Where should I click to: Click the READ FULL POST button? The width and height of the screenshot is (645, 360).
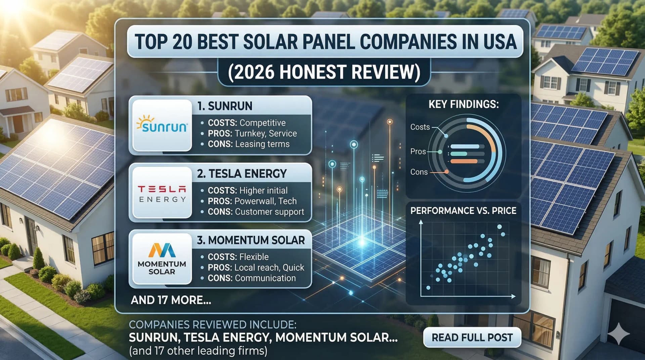click(x=472, y=337)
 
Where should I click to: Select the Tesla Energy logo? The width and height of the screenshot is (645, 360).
click(x=162, y=194)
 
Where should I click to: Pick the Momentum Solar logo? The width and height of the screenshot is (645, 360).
click(x=162, y=259)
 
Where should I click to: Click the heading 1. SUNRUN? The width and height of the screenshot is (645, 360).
click(x=225, y=106)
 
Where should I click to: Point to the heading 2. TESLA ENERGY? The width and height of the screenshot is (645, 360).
click(x=242, y=174)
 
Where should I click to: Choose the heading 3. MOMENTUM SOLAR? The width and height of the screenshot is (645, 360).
click(x=251, y=240)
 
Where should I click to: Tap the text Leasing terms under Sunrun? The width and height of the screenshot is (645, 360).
click(x=262, y=144)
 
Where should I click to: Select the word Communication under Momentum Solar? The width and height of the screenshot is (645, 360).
click(x=265, y=278)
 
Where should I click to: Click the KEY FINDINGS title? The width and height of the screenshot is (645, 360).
click(x=464, y=104)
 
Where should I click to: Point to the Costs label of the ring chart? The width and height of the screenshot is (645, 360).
click(x=420, y=127)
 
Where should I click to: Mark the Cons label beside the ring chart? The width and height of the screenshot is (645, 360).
click(x=419, y=172)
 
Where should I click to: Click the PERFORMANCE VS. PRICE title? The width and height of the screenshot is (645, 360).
click(x=463, y=211)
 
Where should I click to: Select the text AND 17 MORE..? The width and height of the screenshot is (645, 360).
click(x=171, y=300)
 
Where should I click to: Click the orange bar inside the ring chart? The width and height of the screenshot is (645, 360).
click(x=464, y=162)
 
